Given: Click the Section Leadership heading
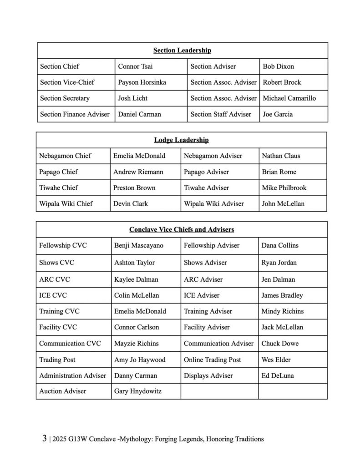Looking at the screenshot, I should [x=182, y=51].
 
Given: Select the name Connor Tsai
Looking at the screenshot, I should [x=135, y=66].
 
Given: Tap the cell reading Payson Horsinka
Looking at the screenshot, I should [x=142, y=82].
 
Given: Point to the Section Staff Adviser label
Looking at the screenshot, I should [x=221, y=114].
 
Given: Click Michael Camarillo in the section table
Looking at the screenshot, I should [x=289, y=98].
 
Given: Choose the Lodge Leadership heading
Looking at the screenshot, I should [x=182, y=140].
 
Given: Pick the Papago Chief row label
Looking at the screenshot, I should [x=58, y=172].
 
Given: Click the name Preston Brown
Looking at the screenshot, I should [x=134, y=188].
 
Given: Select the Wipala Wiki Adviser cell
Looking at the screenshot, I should [x=214, y=204].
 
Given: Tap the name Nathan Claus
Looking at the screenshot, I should [x=281, y=156].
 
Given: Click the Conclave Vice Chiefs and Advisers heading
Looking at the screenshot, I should [x=182, y=230].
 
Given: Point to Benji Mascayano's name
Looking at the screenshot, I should [x=139, y=246].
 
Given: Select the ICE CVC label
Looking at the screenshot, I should [x=53, y=295].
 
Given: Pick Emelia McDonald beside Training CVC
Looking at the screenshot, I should [x=140, y=311].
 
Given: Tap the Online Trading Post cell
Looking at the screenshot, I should [x=213, y=360].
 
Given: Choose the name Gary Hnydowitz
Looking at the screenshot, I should [x=137, y=391].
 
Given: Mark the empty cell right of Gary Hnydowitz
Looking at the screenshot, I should [x=219, y=391].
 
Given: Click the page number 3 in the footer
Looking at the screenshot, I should [x=44, y=439].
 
